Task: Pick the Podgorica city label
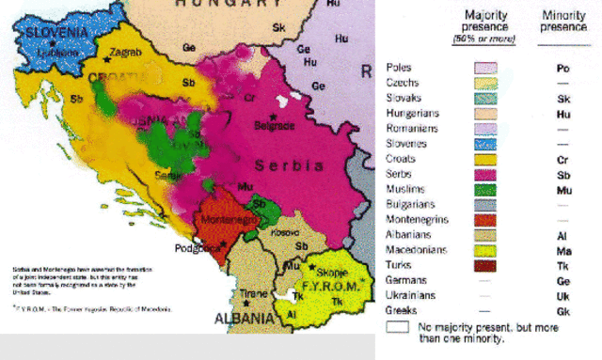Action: tap(192, 248)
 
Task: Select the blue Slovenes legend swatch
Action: tap(485, 144)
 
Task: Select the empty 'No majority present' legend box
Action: tap(397, 328)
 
